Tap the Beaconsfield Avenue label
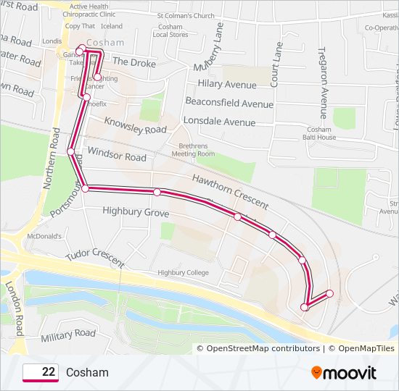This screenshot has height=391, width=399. click(x=229, y=104)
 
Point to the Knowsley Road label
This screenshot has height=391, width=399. click(x=136, y=125)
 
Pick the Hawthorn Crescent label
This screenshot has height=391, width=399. click(x=231, y=190)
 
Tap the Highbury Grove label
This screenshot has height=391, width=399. click(x=136, y=213)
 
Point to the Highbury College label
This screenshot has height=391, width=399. click(x=183, y=273)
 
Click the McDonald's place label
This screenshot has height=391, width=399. click(x=42, y=236)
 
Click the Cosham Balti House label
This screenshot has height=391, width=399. click(x=320, y=133)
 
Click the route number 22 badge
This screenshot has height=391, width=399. click(x=41, y=372)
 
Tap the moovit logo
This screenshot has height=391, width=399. click(x=344, y=373)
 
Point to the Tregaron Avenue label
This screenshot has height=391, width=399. click(x=324, y=76)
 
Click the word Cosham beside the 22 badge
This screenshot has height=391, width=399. click(x=87, y=372)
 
